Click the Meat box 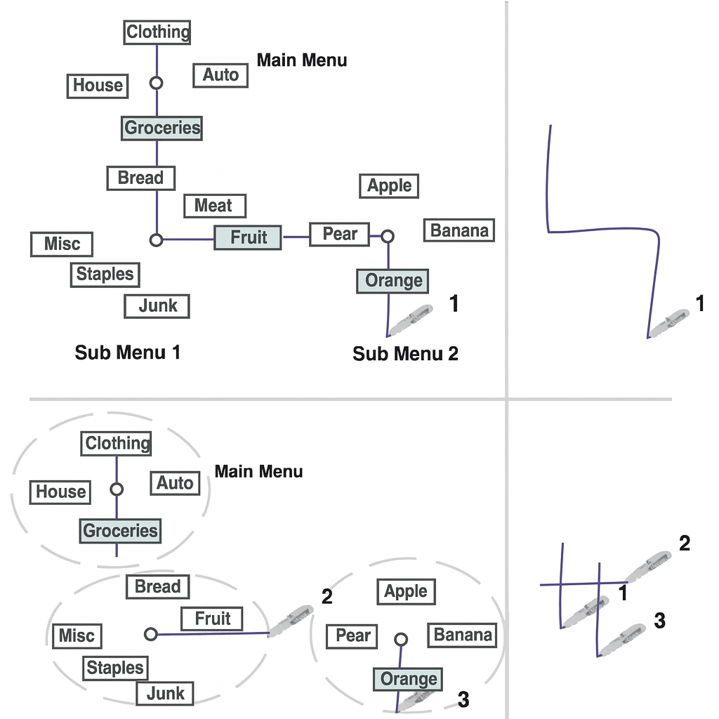click(215, 206)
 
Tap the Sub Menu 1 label click(128, 352)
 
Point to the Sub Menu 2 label click(405, 354)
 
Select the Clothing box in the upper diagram click(157, 32)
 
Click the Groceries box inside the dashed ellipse click(120, 531)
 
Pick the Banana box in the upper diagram click(459, 230)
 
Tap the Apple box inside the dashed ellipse click(406, 592)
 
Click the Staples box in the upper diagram click(105, 274)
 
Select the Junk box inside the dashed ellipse click(165, 694)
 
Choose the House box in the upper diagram click(98, 86)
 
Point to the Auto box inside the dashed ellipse click(175, 483)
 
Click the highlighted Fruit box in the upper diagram click(248, 237)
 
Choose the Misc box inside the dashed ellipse click(77, 636)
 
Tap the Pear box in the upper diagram click(340, 234)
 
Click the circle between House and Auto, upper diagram click(157, 83)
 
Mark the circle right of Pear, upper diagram click(387, 237)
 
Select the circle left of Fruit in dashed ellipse click(150, 634)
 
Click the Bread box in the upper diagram click(140, 178)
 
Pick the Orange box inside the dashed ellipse click(407, 680)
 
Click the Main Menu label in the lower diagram click(258, 471)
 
